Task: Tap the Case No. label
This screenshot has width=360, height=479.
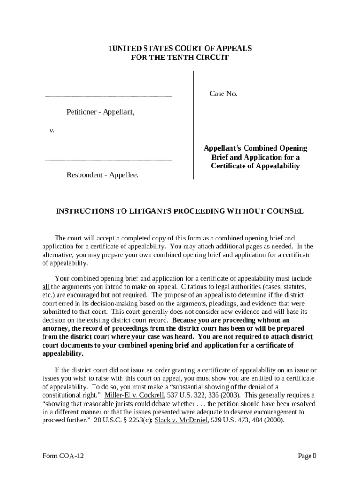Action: click(223, 94)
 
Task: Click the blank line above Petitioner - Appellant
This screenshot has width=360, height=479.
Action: click(108, 96)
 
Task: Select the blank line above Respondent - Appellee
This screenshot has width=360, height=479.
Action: click(108, 160)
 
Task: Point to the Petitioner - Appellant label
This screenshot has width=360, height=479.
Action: click(101, 112)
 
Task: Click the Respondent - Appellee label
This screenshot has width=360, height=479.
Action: click(102, 175)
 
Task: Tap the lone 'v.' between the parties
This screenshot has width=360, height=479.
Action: click(52, 130)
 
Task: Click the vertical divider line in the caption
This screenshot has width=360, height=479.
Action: click(193, 124)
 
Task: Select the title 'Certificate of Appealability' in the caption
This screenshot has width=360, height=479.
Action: click(255, 166)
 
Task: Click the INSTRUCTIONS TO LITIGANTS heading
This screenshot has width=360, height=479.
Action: click(180, 211)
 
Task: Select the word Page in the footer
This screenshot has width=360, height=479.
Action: click(304, 456)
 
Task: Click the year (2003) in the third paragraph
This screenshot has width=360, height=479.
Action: click(226, 395)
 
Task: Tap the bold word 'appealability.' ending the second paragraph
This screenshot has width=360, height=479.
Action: click(63, 354)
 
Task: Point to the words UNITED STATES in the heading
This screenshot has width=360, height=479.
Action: click(138, 49)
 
